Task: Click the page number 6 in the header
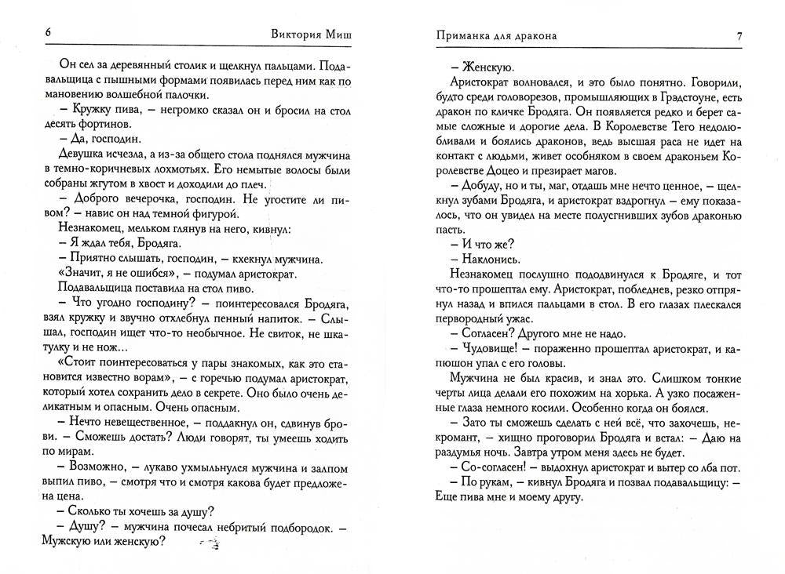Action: (x=48, y=34)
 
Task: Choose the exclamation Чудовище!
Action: (x=490, y=347)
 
